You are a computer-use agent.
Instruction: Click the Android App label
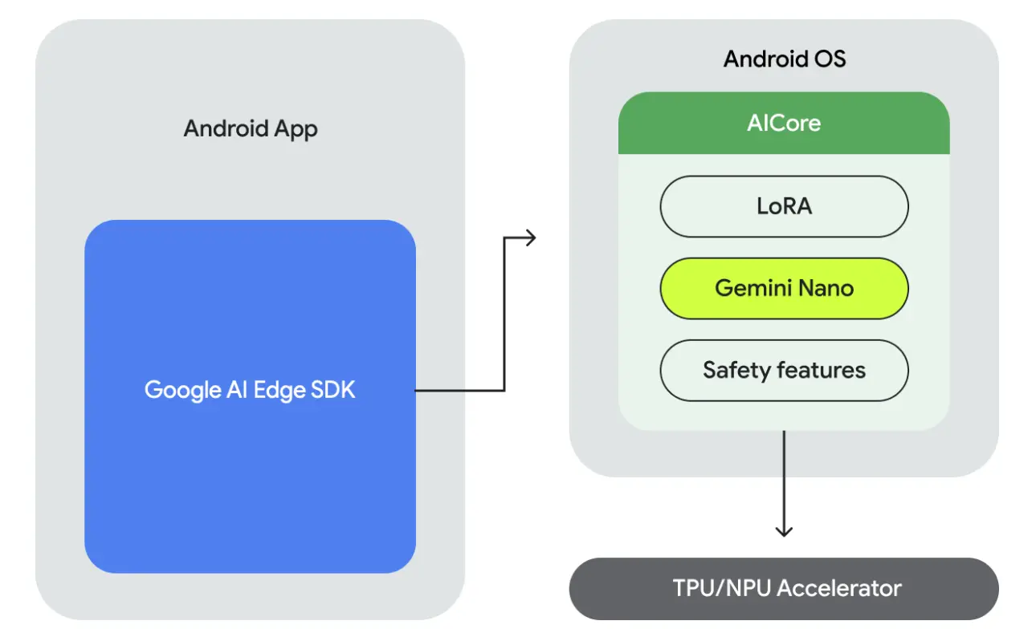(x=251, y=129)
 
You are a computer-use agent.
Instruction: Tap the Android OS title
(x=784, y=59)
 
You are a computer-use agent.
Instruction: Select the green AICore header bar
(x=784, y=123)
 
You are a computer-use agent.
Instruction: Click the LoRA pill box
(x=784, y=206)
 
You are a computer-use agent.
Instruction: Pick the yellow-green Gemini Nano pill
(x=784, y=288)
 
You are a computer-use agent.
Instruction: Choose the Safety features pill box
(x=784, y=370)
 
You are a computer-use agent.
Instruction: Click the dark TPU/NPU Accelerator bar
(x=784, y=588)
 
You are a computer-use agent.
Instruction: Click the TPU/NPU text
(x=722, y=588)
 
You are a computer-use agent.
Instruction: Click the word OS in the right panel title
(x=830, y=59)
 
